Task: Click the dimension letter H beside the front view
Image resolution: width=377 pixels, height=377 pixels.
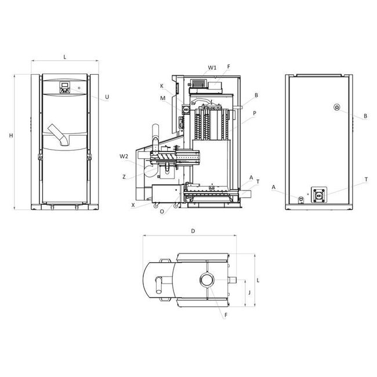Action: click(11, 136)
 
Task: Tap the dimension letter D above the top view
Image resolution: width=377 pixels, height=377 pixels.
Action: click(193, 231)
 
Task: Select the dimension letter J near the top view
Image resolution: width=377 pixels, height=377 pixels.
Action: click(249, 292)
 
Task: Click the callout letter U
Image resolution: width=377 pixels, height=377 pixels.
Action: click(107, 97)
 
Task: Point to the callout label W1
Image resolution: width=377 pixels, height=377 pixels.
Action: click(212, 68)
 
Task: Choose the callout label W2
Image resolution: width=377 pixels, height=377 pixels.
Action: click(124, 157)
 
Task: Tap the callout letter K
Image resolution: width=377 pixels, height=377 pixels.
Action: click(162, 86)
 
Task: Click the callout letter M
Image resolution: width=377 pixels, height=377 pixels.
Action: click(163, 98)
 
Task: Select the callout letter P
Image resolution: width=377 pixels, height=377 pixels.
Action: click(255, 113)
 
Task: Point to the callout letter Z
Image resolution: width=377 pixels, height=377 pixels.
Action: click(124, 177)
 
